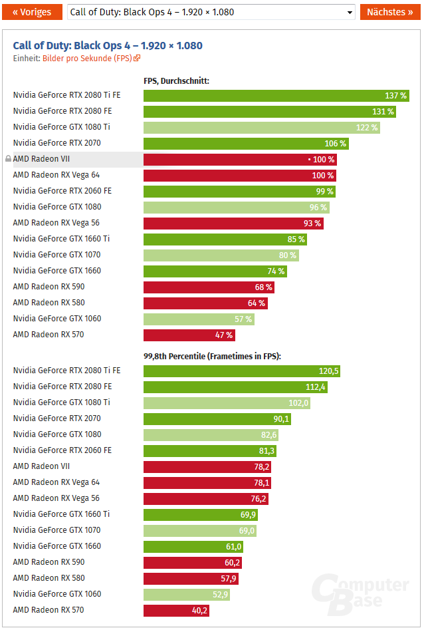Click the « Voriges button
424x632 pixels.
click(31, 12)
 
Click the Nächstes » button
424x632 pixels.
click(390, 12)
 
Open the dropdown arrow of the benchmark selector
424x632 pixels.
click(350, 13)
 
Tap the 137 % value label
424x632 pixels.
click(395, 95)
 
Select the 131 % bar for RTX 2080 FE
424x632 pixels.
click(269, 111)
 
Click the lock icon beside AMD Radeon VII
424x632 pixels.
click(8, 159)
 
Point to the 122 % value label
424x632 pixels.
click(367, 127)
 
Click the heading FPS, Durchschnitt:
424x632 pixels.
click(176, 80)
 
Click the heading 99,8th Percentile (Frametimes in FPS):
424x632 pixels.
click(212, 356)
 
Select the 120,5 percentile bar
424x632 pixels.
click(241, 371)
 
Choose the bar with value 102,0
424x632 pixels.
click(227, 402)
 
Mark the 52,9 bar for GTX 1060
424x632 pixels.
click(186, 594)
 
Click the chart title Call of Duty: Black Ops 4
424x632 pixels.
click(108, 45)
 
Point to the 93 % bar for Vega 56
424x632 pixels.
click(233, 223)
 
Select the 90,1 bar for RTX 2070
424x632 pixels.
click(217, 418)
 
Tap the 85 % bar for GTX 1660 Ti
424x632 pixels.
click(225, 239)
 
